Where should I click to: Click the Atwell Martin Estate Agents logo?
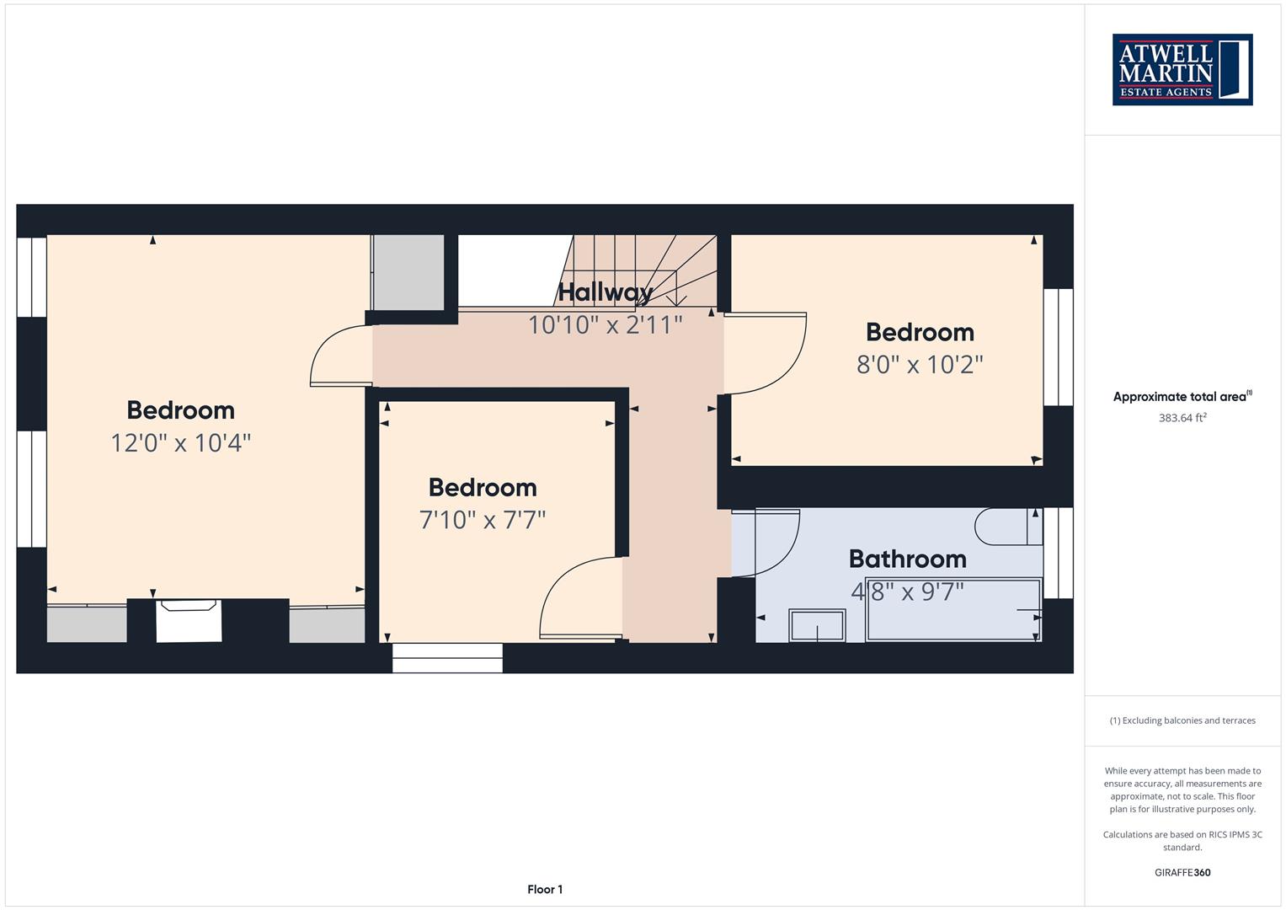[1182, 69]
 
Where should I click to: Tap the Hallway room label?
[606, 292]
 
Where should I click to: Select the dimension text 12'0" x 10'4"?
[181, 443]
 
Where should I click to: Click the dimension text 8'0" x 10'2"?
[920, 365]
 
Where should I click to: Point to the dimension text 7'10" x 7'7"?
[483, 520]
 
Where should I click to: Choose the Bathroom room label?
[908, 559]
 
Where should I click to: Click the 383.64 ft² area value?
[1182, 418]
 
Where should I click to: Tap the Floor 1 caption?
[545, 889]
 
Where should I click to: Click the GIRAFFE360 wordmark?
[1182, 872]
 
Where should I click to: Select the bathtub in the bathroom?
[953, 610]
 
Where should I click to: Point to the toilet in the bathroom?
[1009, 527]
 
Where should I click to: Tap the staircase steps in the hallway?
[637, 270]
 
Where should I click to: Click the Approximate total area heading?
[1182, 396]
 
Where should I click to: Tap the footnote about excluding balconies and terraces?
[1182, 720]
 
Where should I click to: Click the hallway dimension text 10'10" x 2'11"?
[606, 325]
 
